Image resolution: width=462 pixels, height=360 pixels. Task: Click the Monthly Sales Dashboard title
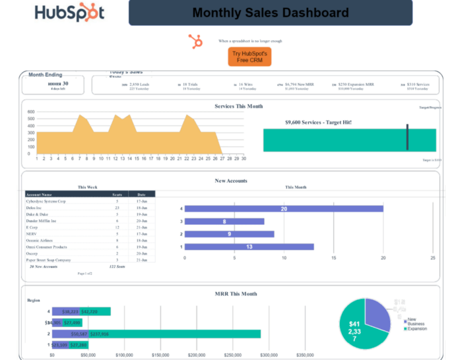(x=270, y=13)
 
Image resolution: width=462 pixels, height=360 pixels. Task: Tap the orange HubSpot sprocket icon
(x=196, y=41)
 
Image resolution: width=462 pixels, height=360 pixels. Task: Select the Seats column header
(x=117, y=195)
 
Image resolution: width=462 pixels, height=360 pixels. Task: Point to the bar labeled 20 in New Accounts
(x=284, y=209)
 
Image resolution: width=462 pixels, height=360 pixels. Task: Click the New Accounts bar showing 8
(x=224, y=222)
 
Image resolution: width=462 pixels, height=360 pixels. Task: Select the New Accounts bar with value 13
(x=249, y=247)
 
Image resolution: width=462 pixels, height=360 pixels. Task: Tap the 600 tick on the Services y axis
(x=30, y=111)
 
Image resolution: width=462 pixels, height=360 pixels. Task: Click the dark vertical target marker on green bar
(x=407, y=138)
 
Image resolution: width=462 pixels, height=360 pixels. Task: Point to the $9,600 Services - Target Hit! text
(x=318, y=122)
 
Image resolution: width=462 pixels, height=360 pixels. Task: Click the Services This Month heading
(x=238, y=106)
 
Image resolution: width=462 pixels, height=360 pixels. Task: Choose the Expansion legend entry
(x=417, y=328)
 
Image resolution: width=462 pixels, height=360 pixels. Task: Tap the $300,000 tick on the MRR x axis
(x=268, y=355)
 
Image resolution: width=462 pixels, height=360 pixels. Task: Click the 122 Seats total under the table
(x=117, y=266)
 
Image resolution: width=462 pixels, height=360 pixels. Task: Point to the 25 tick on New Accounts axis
(x=432, y=258)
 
